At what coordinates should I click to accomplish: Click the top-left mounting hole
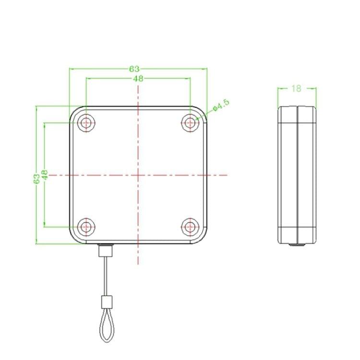pyautogui.click(x=86, y=123)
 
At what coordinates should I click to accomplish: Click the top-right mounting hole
pyautogui.click(x=191, y=123)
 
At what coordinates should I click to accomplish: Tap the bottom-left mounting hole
pyautogui.click(x=86, y=226)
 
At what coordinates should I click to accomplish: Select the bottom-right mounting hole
pyautogui.click(x=191, y=226)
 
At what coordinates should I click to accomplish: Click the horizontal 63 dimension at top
pyautogui.click(x=134, y=69)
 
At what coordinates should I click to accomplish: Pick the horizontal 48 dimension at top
pyautogui.click(x=138, y=79)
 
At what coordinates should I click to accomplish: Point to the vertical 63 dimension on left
pyautogui.click(x=36, y=179)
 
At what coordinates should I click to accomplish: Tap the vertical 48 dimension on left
pyautogui.click(x=44, y=175)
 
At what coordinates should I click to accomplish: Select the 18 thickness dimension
pyautogui.click(x=296, y=88)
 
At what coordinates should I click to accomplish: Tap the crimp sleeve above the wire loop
pyautogui.click(x=106, y=302)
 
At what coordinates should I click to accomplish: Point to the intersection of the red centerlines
pyautogui.click(x=138, y=175)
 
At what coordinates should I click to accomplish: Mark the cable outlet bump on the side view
pyautogui.click(x=298, y=244)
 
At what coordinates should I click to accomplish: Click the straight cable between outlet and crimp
pyautogui.click(x=104, y=276)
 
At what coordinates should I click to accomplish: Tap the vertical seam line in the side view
pyautogui.click(x=298, y=175)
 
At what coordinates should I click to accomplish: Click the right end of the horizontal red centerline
pyautogui.click(x=226, y=175)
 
